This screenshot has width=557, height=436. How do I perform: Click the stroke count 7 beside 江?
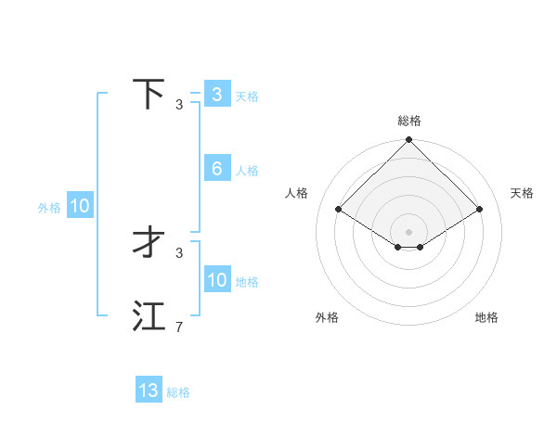179,327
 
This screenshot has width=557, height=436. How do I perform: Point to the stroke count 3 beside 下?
179,105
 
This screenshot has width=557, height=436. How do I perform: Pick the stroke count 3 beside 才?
179,252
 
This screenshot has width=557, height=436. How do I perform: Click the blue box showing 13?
149,391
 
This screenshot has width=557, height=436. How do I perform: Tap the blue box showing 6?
217,169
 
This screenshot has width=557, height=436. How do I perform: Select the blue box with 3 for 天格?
217,95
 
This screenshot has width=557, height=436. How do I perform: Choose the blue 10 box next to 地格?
217,280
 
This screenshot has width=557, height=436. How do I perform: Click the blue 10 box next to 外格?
80,207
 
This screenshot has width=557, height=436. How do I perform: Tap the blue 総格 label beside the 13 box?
178,392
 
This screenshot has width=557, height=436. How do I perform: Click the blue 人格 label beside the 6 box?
247,171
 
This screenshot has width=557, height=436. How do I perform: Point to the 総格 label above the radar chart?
409,121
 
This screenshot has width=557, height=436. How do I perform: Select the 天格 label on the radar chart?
523,193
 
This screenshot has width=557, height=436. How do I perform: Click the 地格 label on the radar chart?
486,317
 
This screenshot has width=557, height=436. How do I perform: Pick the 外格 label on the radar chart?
327,317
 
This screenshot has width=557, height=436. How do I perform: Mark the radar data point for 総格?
409,141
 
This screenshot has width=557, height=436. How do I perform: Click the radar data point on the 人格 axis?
338,209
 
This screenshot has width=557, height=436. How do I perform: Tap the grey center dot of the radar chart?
409,231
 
